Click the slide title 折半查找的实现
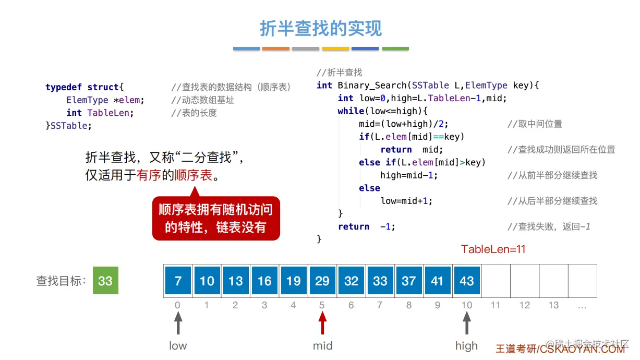pyautogui.click(x=320, y=28)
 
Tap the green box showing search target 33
pyautogui.click(x=105, y=281)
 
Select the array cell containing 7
pyautogui.click(x=178, y=281)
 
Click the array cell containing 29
pyautogui.click(x=322, y=281)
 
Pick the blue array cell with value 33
pyautogui.click(x=380, y=281)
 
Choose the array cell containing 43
pyautogui.click(x=467, y=281)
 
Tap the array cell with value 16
pyautogui.click(x=264, y=281)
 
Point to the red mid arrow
pyautogui.click(x=322, y=322)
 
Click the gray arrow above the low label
pyautogui.click(x=178, y=322)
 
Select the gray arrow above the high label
pyautogui.click(x=467, y=322)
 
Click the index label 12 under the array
pyautogui.click(x=525, y=305)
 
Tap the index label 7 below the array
pyautogui.click(x=380, y=305)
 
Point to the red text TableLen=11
pyautogui.click(x=493, y=249)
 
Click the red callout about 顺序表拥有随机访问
pyautogui.click(x=216, y=218)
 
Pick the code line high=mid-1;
pyautogui.click(x=409, y=175)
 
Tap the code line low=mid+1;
pyautogui.click(x=406, y=201)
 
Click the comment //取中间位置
pyautogui.click(x=535, y=124)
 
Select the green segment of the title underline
pyautogui.click(x=395, y=49)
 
